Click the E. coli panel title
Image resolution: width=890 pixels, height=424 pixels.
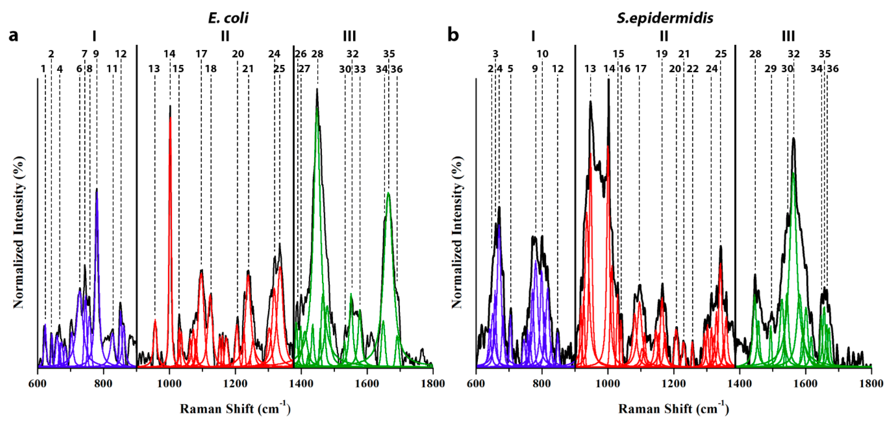click(228, 18)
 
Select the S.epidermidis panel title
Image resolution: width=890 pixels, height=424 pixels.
click(665, 18)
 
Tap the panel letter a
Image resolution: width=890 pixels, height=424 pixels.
click(14, 35)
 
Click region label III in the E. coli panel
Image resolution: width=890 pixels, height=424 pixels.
click(349, 36)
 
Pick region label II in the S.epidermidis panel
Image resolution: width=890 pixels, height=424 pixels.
click(664, 36)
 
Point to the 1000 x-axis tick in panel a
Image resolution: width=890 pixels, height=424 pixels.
click(169, 384)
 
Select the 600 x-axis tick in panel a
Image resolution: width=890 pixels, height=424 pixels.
click(38, 384)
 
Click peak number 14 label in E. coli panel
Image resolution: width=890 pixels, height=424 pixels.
click(169, 54)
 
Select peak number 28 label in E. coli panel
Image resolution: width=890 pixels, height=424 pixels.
click(317, 54)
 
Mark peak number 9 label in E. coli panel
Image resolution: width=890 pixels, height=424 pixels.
click(96, 54)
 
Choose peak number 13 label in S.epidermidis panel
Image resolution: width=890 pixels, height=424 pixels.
click(590, 69)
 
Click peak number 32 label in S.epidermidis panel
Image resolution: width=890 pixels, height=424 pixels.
click(794, 54)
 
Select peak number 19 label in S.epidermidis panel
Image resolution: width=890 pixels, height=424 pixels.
click(662, 54)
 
